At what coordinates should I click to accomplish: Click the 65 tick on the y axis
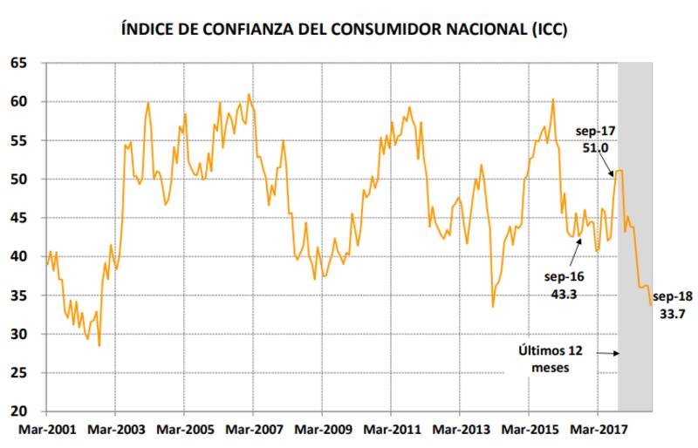click(20, 64)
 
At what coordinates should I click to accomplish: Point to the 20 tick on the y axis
click(20, 411)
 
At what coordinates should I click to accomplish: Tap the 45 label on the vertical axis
click(20, 218)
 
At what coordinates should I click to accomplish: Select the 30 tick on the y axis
click(20, 334)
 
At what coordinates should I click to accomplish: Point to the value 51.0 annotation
click(596, 148)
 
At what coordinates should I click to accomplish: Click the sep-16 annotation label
click(564, 276)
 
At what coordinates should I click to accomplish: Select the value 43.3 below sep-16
click(564, 294)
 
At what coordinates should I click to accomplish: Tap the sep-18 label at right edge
click(673, 296)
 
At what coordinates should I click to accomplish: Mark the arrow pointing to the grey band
click(607, 353)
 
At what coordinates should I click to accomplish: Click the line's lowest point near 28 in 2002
click(99, 346)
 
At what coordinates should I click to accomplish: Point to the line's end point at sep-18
click(651, 305)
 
